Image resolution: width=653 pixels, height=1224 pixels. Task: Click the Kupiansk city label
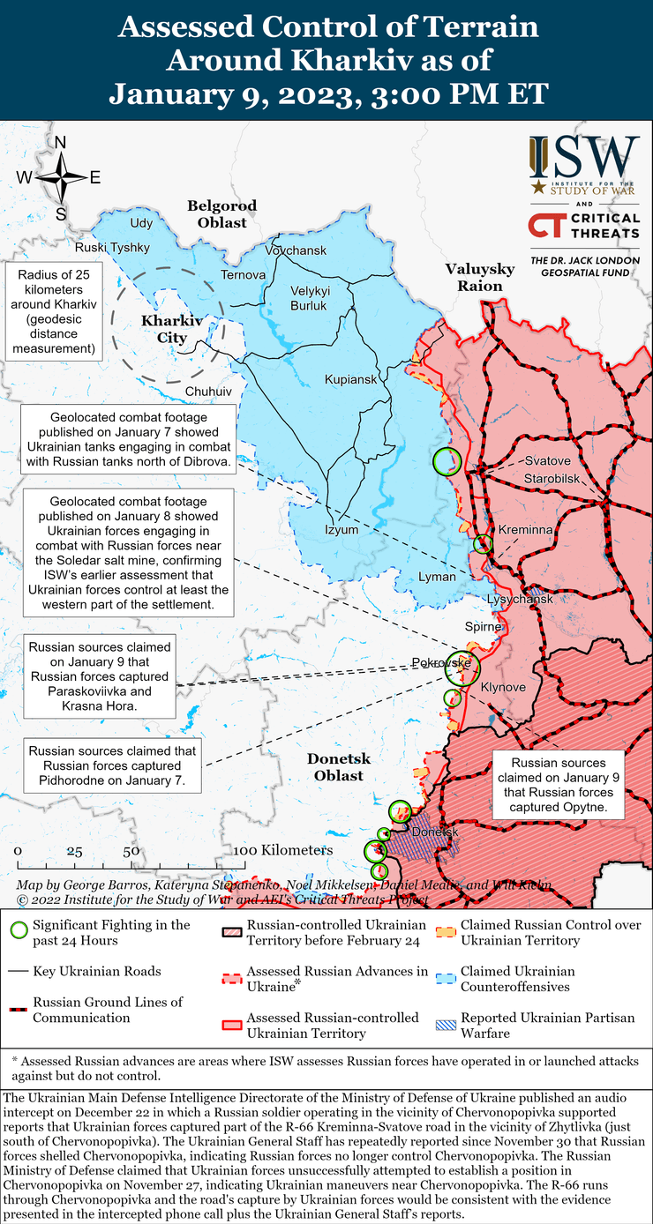coord(350,379)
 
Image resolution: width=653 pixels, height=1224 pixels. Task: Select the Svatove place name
coord(547,461)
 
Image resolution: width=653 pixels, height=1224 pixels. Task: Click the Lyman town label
coord(438,577)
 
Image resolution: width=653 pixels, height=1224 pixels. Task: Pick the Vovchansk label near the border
coord(296,251)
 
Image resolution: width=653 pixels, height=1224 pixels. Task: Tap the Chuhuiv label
coord(208,391)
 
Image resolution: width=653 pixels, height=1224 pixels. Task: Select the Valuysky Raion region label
coord(473,277)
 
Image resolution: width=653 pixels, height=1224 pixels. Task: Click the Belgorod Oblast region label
coord(221,214)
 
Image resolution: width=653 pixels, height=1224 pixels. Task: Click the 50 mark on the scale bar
coord(131,851)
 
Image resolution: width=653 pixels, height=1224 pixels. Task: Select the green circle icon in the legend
coord(17,930)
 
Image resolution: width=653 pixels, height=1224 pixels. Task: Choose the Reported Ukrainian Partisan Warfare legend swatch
coord(447,1025)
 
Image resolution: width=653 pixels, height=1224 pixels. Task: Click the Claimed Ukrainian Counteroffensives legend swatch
coord(447,978)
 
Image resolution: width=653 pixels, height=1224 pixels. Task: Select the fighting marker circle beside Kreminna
coord(482,543)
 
